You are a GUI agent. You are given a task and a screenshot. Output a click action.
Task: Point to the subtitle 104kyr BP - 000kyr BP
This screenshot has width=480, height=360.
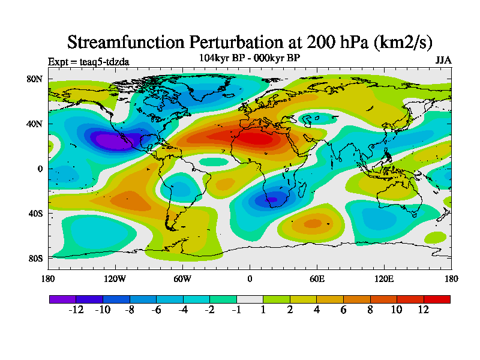pyautogui.click(x=250, y=58)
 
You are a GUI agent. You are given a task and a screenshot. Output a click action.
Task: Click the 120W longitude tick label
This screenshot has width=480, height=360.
pyautogui.click(x=115, y=278)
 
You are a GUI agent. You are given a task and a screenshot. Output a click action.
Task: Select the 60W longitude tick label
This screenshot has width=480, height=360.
pyautogui.click(x=182, y=278)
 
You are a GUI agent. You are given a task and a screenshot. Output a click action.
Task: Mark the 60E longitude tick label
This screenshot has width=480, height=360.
pyautogui.click(x=317, y=278)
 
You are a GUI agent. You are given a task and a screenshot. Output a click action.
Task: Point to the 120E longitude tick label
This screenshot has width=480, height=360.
pyautogui.click(x=384, y=278)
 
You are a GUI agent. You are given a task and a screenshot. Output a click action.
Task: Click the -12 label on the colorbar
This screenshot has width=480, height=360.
pyautogui.click(x=76, y=310)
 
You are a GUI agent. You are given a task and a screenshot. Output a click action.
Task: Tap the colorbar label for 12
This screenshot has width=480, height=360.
pyautogui.click(x=424, y=310)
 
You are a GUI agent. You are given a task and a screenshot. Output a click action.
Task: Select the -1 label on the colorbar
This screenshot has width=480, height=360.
pyautogui.click(x=236, y=310)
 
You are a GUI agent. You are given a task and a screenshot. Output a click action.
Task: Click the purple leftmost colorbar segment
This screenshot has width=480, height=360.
pyautogui.click(x=62, y=298)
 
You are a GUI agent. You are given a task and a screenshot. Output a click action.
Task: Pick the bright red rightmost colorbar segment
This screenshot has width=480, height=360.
pyautogui.click(x=437, y=298)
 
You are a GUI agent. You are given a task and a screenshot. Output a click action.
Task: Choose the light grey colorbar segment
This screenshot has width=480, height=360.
pyautogui.click(x=250, y=298)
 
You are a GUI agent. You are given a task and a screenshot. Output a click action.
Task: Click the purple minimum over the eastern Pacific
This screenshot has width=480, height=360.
pyautogui.click(x=112, y=141)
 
